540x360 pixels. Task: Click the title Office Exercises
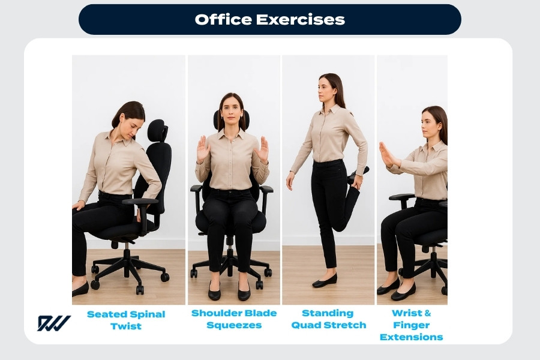coord(269,19)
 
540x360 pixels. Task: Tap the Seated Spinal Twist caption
coord(126,320)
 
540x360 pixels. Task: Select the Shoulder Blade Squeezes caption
coord(234,319)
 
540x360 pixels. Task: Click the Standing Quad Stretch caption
coord(328,319)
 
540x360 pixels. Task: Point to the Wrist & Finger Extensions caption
coord(412,325)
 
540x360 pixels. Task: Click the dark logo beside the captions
coord(54,323)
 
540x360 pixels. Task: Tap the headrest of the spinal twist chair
coord(157,130)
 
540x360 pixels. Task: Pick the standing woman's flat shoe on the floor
coord(325,280)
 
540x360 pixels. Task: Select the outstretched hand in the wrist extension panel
coord(387,155)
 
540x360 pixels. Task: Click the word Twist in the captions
coord(126,326)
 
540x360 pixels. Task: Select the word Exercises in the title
coord(300,19)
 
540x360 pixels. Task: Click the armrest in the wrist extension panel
coord(401,197)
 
